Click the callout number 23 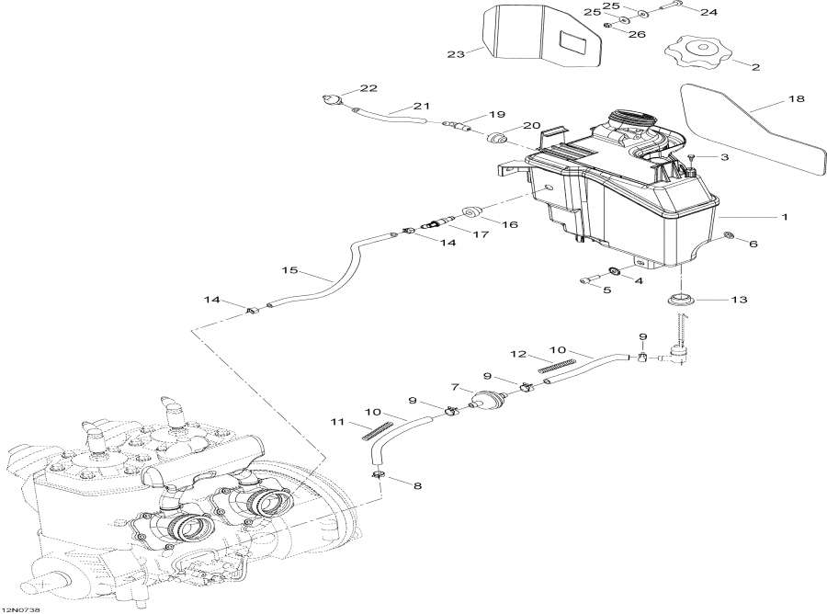(x=456, y=54)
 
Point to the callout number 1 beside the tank (x=784, y=217)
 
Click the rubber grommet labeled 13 (x=681, y=301)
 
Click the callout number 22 (x=368, y=88)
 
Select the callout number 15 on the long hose (x=290, y=270)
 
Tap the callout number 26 (x=637, y=34)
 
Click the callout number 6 (x=753, y=244)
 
